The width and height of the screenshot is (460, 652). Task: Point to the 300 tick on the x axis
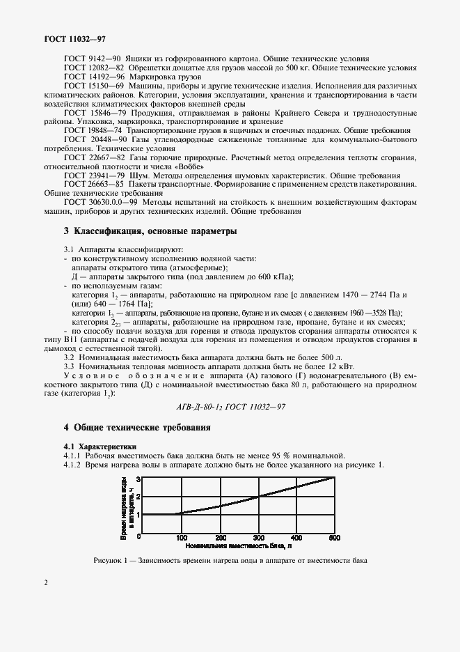pyautogui.click(x=258, y=537)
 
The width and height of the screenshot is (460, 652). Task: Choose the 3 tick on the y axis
pyautogui.click(x=138, y=479)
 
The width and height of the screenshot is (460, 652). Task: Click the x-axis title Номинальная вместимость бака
pyautogui.click(x=221, y=548)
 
